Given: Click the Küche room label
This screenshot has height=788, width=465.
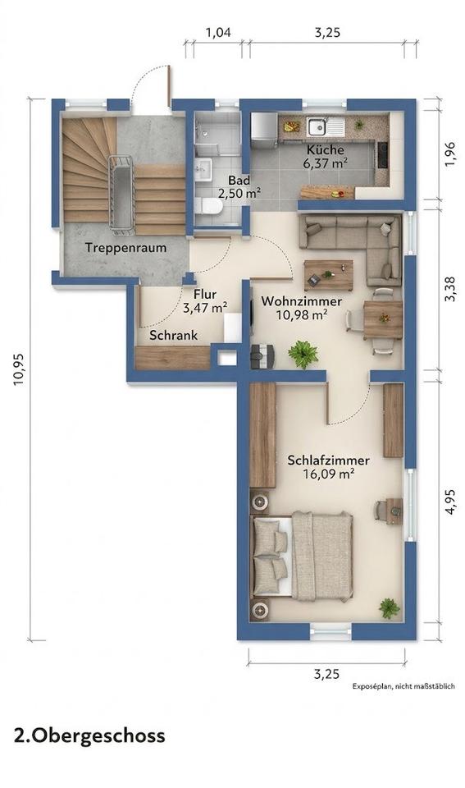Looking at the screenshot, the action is (x=326, y=149).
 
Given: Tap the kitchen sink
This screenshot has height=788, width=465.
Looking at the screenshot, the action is (x=317, y=127).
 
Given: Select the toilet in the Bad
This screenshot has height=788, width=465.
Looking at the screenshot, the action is (x=208, y=206).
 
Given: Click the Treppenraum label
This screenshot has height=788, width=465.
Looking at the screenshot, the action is (x=125, y=248).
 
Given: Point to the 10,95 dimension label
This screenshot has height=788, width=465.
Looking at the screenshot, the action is (x=20, y=369).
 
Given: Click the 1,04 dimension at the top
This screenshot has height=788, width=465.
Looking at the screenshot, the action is (x=218, y=33).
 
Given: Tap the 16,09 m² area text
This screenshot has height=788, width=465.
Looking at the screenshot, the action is (x=329, y=473).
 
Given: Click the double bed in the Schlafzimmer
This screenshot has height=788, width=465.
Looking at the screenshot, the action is (x=302, y=557).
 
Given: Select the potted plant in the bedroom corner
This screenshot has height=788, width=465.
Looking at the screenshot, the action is (x=390, y=608).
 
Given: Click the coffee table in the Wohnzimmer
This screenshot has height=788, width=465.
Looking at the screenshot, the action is (x=328, y=275).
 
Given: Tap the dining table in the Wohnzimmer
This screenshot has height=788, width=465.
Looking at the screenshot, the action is (x=383, y=319).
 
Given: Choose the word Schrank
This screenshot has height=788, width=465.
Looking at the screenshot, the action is (x=174, y=335).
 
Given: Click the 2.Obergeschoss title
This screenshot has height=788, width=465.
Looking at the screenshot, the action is (x=89, y=735).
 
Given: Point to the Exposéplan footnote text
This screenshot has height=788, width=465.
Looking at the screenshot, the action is (x=403, y=686).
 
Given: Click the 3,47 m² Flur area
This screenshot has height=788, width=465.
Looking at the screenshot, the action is (x=205, y=308).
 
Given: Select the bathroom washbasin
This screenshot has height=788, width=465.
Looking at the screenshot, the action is (x=203, y=168).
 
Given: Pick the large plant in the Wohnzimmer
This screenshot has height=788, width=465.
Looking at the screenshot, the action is (x=303, y=354).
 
